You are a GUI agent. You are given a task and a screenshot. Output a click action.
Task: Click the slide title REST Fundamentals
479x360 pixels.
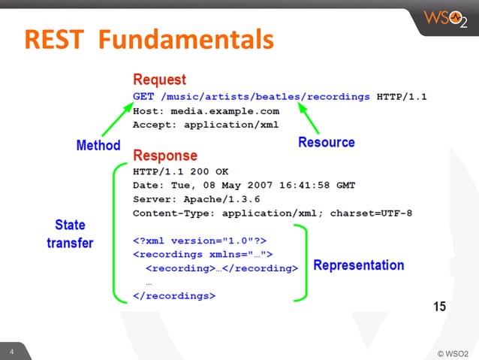point(146,39)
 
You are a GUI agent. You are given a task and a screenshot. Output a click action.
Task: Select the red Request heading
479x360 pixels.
point(159,80)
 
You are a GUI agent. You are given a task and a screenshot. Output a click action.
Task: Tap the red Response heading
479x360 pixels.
point(165,156)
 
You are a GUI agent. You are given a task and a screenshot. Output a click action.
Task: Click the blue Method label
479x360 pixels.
point(98,145)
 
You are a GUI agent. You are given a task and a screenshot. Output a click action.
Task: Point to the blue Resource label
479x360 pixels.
point(327,141)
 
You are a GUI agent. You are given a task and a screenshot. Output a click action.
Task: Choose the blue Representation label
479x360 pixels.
point(358,265)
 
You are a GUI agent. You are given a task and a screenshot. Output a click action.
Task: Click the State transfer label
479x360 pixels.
point(70,234)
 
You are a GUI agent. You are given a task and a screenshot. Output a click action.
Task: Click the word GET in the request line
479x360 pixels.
point(143,96)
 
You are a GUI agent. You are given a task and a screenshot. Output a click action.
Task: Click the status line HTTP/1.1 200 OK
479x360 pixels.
point(180,171)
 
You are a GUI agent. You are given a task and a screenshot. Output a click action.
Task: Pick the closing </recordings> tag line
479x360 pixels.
point(173,296)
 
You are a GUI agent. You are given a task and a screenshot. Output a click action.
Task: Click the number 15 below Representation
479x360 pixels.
point(439,307)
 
